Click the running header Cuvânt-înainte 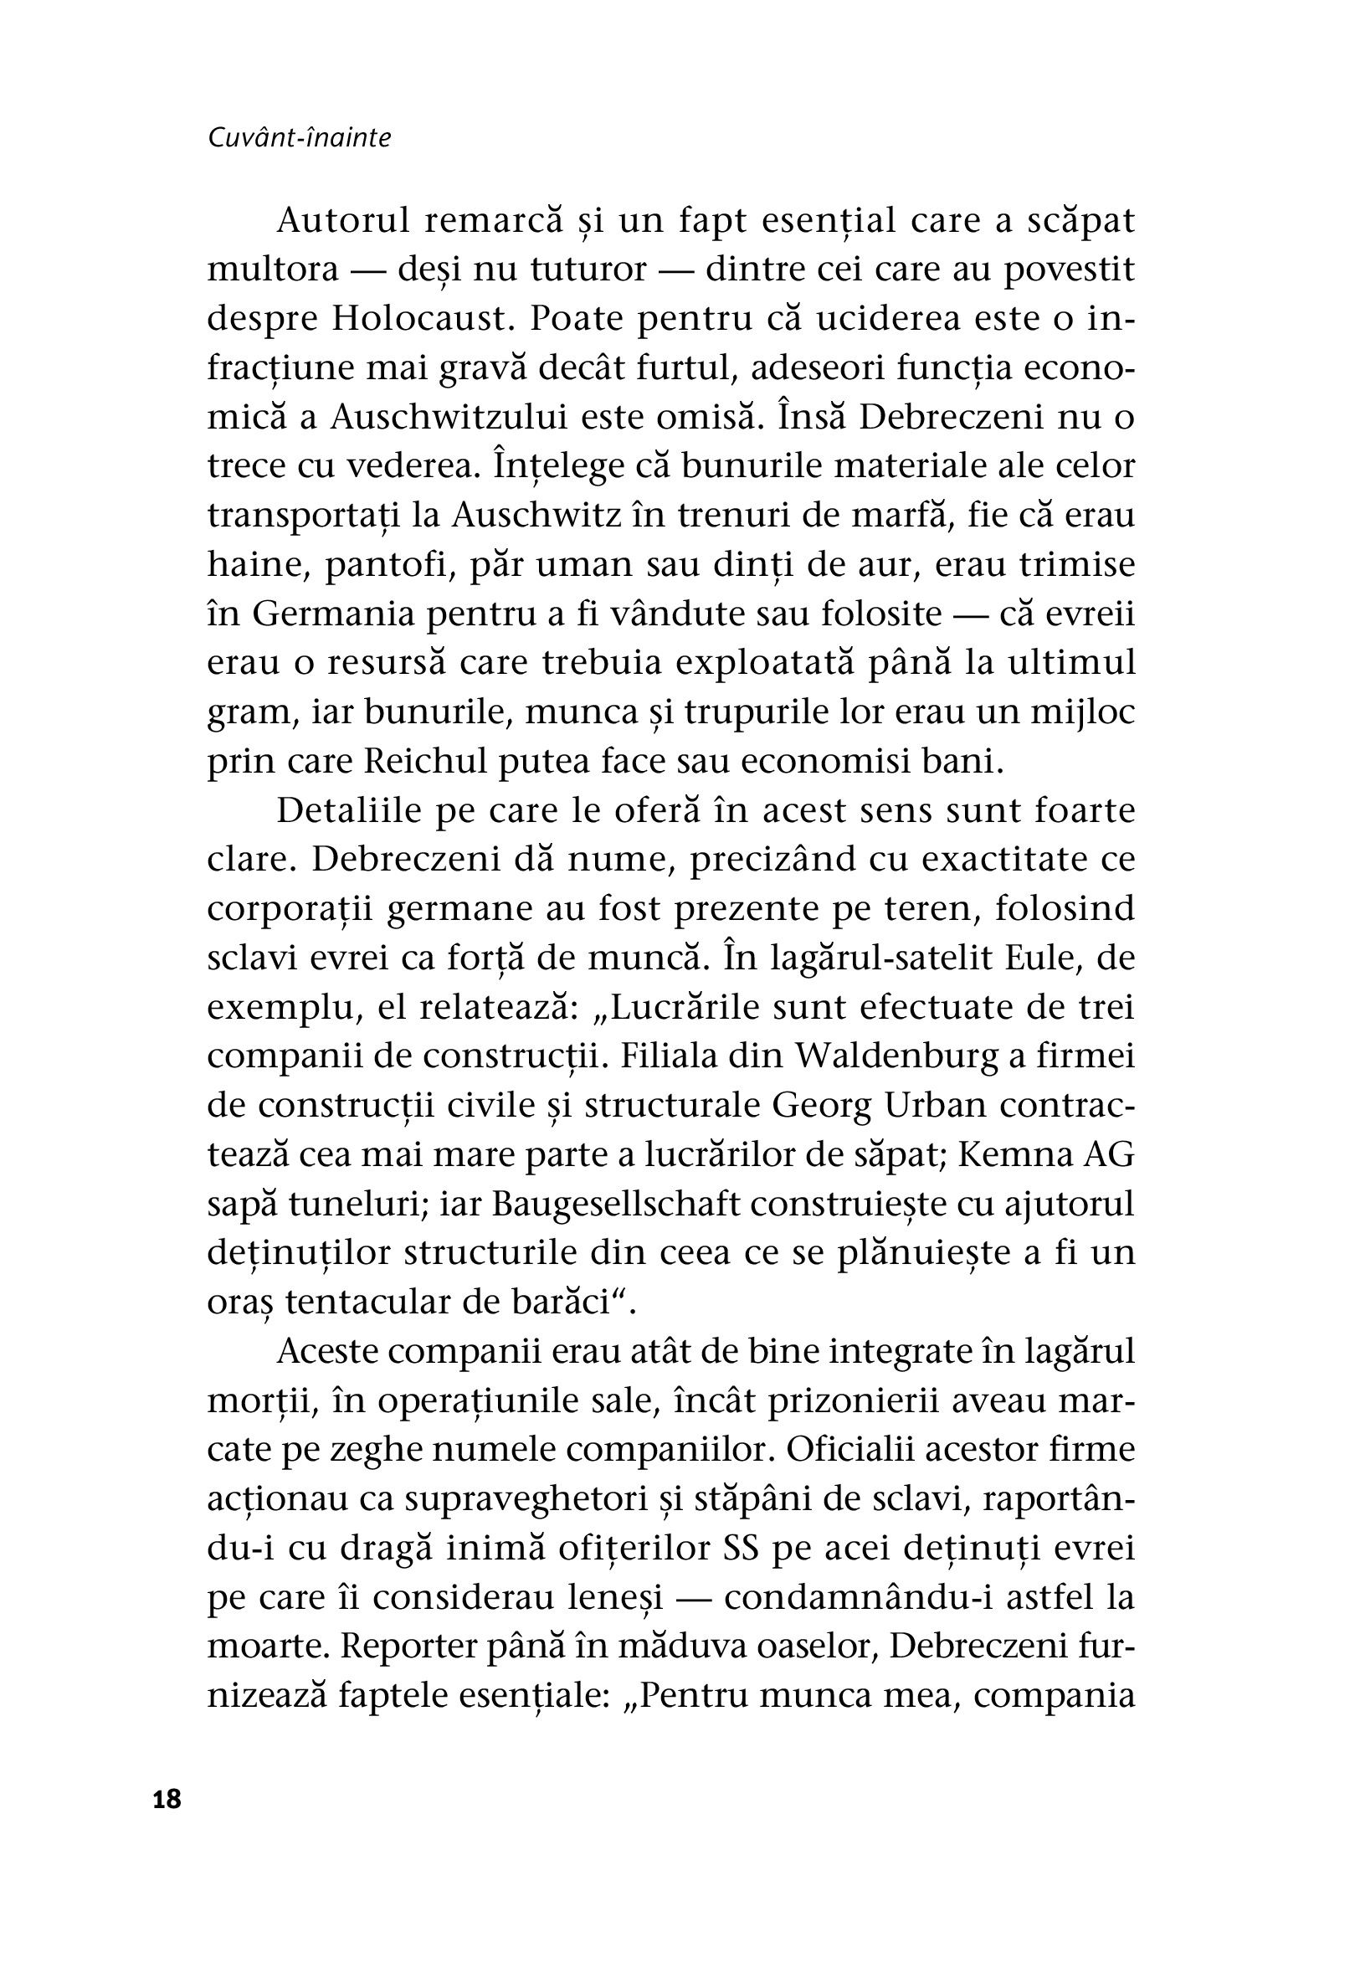tap(299, 138)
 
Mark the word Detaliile tap(349, 811)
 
